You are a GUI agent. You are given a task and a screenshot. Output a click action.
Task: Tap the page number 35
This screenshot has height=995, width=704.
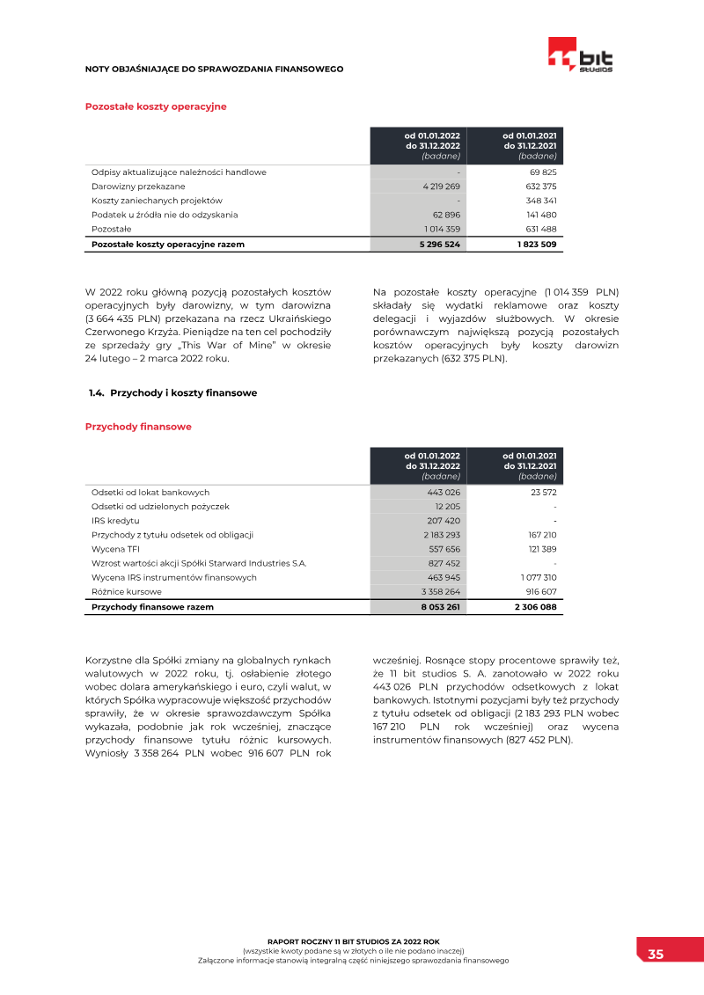click(656, 954)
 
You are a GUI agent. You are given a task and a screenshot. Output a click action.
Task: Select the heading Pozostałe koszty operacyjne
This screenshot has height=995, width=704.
click(156, 106)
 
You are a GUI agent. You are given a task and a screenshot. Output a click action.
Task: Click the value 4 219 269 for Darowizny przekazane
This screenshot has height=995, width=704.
click(441, 187)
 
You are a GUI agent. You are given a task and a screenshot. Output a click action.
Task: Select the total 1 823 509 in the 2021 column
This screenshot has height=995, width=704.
click(537, 244)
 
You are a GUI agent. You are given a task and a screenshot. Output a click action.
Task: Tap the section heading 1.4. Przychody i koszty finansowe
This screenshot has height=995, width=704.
click(172, 393)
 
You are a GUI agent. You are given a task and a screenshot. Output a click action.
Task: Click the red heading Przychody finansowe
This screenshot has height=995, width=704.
click(138, 427)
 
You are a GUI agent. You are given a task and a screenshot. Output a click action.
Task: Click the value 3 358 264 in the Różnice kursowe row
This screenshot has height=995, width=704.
click(440, 592)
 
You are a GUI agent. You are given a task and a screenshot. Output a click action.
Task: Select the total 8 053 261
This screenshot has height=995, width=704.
click(440, 607)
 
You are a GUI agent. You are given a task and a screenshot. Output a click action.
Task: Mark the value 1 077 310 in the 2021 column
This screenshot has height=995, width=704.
click(537, 578)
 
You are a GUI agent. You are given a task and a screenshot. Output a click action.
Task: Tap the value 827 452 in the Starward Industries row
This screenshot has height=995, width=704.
click(444, 563)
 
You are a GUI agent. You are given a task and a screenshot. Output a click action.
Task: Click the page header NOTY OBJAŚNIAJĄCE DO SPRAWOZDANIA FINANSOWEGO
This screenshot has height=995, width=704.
click(214, 69)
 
